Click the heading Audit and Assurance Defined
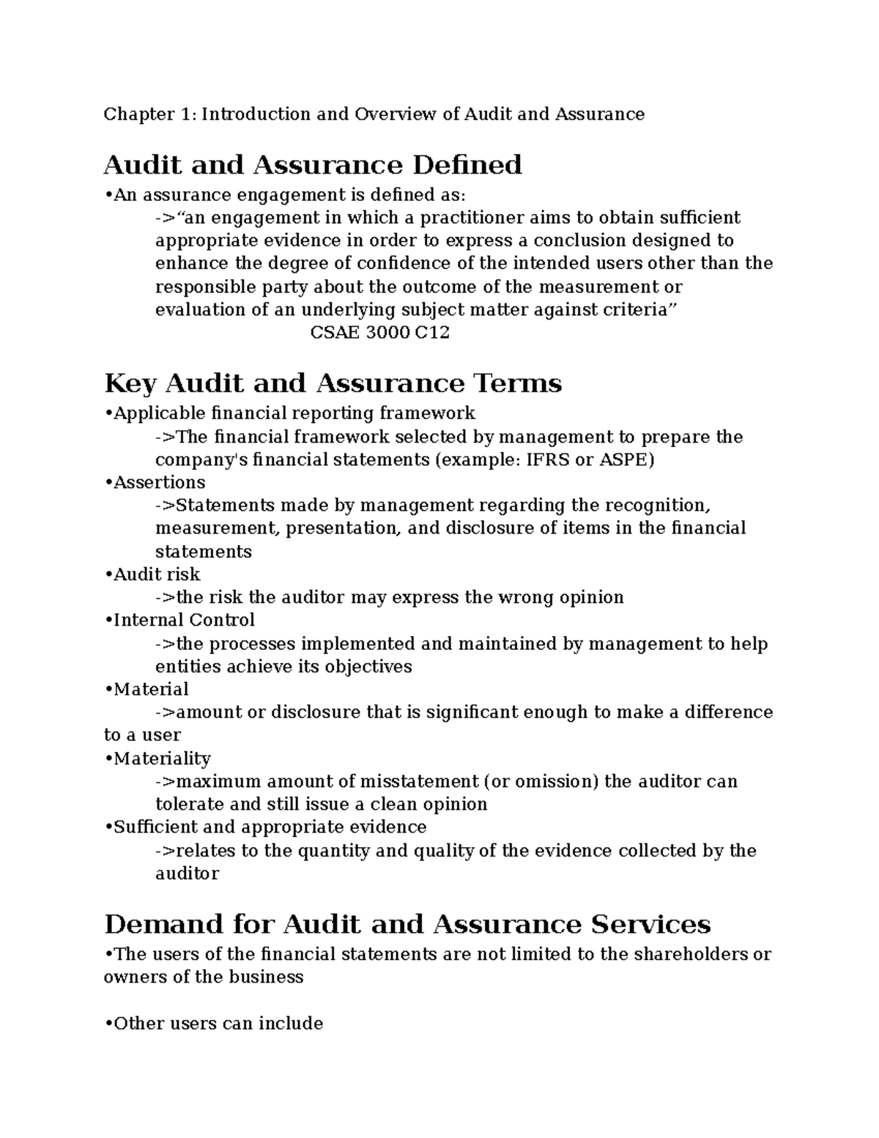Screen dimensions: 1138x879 click(313, 165)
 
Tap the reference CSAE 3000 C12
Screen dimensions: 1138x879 click(379, 333)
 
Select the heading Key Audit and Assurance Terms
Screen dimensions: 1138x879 click(333, 383)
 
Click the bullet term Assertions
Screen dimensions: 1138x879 click(159, 482)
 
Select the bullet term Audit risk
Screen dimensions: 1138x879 click(156, 574)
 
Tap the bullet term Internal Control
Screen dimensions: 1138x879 click(184, 620)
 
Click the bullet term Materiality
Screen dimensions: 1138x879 click(162, 758)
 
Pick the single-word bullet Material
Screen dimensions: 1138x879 click(151, 689)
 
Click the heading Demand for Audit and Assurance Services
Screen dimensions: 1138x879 click(407, 924)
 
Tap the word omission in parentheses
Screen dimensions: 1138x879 click(557, 781)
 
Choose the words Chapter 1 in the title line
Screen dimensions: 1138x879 click(149, 114)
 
